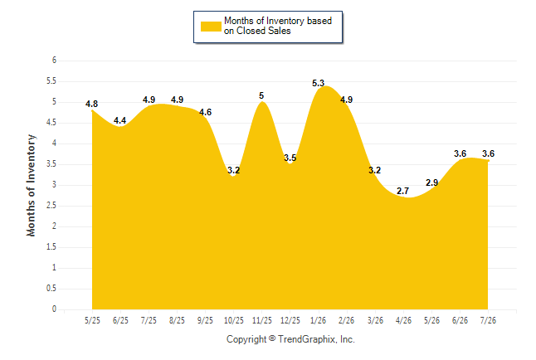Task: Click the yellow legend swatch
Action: [211, 27]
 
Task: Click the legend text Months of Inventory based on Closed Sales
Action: [278, 26]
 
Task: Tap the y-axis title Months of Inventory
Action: [31, 185]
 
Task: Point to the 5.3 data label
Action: [318, 83]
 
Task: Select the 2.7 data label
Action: [402, 191]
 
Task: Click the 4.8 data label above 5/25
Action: [91, 104]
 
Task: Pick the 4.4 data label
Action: [119, 120]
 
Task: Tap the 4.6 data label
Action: [205, 112]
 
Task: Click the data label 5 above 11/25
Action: [261, 95]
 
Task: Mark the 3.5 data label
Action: [290, 158]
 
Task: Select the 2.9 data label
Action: [431, 182]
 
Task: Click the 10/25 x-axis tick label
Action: [234, 320]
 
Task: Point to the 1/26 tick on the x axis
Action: [319, 320]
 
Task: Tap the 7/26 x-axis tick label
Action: [488, 320]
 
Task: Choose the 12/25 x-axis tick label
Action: [290, 320]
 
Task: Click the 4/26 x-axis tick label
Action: [403, 320]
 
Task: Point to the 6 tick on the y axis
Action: [55, 61]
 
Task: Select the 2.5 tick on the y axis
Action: [51, 206]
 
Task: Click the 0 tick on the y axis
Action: [55, 309]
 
